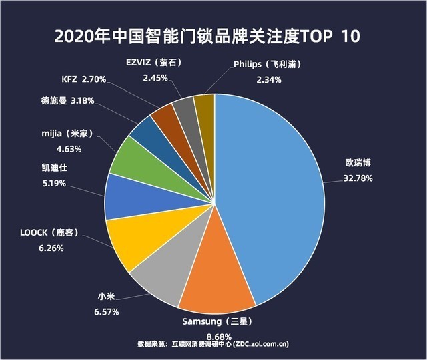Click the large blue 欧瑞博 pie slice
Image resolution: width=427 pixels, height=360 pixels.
[274, 194]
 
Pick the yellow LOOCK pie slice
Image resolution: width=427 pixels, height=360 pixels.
[133, 240]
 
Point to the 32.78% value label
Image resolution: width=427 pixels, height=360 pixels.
[354, 178]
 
